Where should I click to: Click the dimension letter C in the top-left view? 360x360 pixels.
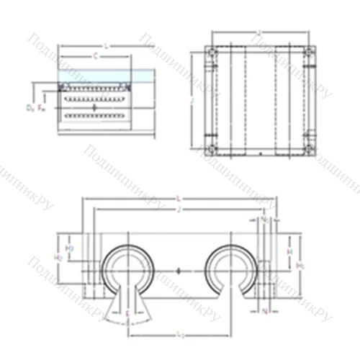pos(95,55)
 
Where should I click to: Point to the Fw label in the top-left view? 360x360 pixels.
pos(41,108)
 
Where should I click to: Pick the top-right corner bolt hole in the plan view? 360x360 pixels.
pos(309,53)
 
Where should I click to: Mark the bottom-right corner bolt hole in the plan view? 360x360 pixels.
pos(309,149)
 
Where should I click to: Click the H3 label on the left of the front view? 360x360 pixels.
pos(70,249)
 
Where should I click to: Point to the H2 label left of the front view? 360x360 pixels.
pos(58,256)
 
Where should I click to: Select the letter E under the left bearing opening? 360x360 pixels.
pos(128,314)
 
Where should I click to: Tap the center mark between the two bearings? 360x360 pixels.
pos(179,271)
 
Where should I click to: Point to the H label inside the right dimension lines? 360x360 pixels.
pos(289,253)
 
